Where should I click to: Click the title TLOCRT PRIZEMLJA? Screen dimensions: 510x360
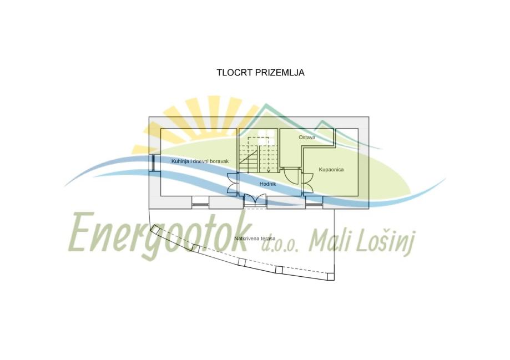pos(260,73)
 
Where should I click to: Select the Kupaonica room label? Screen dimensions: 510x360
pos(331,169)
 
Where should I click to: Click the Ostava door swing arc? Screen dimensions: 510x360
pos(291,175)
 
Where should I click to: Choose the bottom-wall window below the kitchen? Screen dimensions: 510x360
pos(200,204)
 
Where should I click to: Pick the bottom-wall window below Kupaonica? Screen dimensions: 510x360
pos(314,204)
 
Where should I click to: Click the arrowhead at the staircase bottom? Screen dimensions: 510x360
pos(269,171)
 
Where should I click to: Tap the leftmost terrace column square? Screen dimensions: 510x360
pos(158,232)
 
